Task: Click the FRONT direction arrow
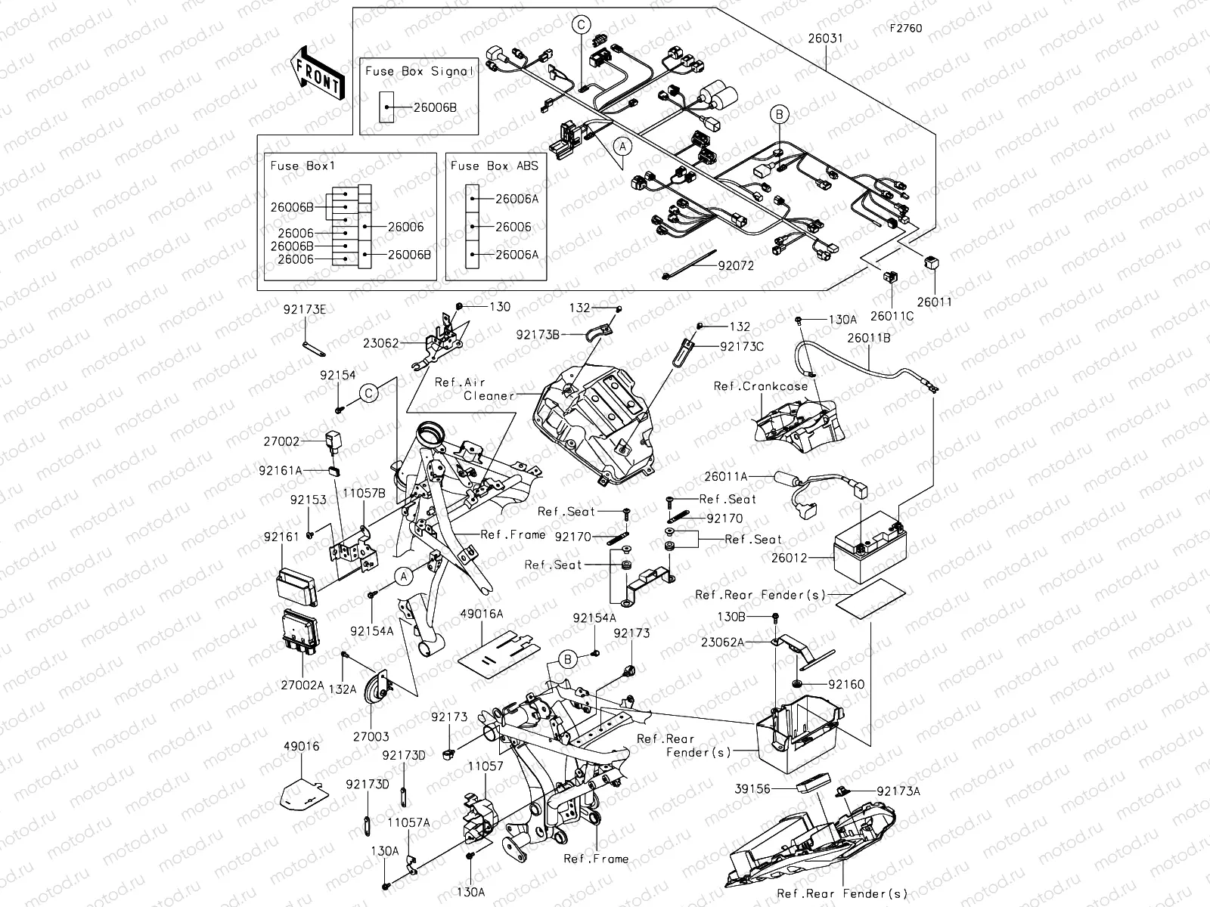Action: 316,73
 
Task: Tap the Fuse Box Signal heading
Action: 419,71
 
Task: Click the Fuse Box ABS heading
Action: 494,166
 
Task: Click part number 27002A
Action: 302,685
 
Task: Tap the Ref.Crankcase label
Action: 760,386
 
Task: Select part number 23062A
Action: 721,642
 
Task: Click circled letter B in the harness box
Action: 779,115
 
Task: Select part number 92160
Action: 845,684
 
